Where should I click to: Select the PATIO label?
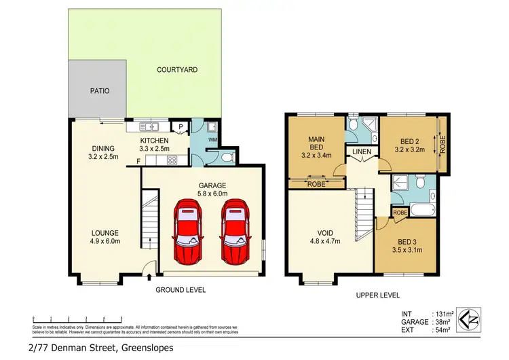pos(100,90)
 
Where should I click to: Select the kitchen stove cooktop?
pos(172,161)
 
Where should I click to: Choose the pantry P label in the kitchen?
pos(181,126)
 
